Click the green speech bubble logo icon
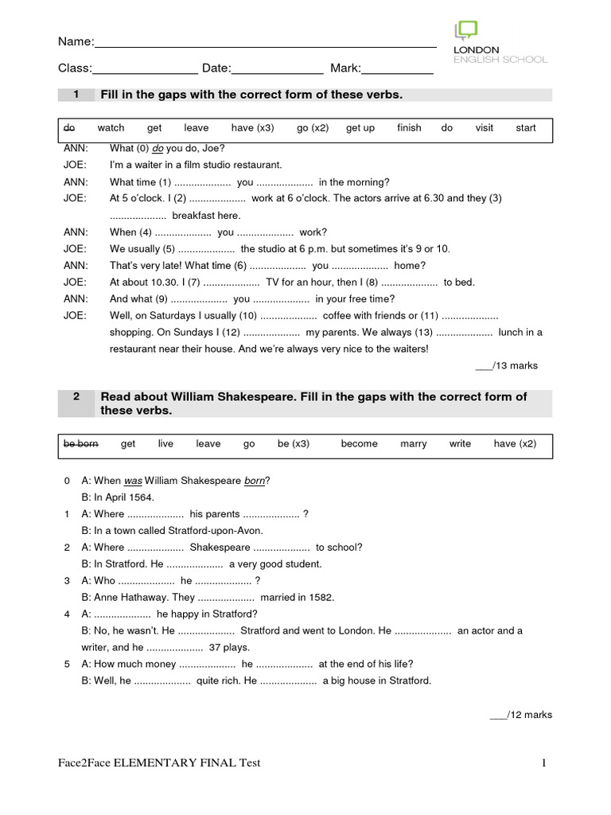click(x=466, y=30)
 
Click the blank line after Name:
click(x=265, y=45)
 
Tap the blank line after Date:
click(x=277, y=70)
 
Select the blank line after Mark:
click(x=397, y=70)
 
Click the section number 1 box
click(x=76, y=96)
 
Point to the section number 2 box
click(x=76, y=397)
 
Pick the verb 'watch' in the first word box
click(x=111, y=128)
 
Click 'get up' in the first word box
click(x=360, y=128)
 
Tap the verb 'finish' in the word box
click(x=409, y=128)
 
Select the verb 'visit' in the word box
click(x=484, y=128)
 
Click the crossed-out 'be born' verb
click(x=80, y=444)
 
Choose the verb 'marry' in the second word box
click(x=413, y=444)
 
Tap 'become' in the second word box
click(x=359, y=444)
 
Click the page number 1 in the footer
click(x=545, y=763)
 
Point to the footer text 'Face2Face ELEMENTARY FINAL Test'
click(x=159, y=763)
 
